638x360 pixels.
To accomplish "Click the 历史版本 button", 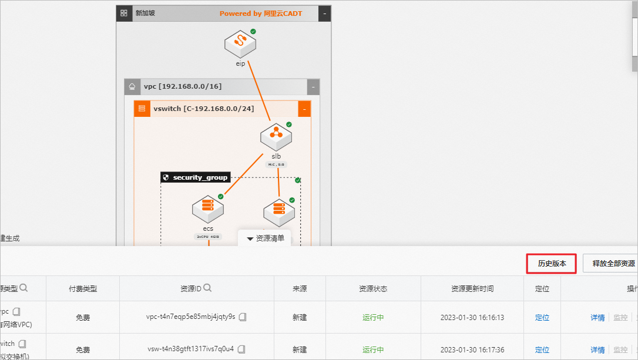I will [x=551, y=264].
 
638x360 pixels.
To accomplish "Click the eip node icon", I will [x=240, y=43].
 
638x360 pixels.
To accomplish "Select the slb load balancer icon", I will [x=276, y=137].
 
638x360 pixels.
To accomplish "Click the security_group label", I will [x=195, y=177].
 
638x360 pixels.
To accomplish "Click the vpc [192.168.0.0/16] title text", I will [x=183, y=87].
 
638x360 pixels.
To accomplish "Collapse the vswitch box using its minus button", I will [x=304, y=109].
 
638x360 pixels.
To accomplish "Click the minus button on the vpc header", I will [x=314, y=87].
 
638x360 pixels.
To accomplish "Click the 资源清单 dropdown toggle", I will [x=265, y=238].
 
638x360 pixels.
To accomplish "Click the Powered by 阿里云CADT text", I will [x=261, y=14].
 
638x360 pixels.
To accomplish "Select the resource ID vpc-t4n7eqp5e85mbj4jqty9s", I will [x=190, y=317].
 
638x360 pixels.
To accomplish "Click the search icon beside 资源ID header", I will [x=208, y=288].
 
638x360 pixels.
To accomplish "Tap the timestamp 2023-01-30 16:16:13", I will [x=472, y=317].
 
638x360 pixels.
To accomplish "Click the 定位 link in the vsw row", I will [x=542, y=349].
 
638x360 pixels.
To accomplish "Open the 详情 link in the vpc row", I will [x=597, y=317].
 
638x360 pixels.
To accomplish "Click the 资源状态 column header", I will [x=373, y=288].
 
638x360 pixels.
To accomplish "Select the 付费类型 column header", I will [x=82, y=288].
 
